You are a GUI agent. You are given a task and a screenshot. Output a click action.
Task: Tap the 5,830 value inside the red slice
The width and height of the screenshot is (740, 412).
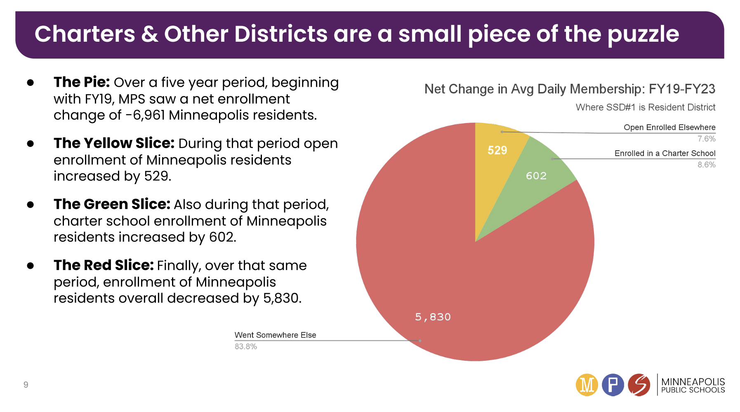point(433,317)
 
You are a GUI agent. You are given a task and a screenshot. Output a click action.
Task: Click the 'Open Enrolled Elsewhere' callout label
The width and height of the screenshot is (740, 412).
point(669,128)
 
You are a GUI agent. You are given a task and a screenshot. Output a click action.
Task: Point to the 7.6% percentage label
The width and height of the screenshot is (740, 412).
point(706,139)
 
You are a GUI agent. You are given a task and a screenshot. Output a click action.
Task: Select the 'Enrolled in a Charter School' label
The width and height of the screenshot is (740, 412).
point(665,154)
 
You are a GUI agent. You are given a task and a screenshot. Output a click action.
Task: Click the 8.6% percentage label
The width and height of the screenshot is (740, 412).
point(706,165)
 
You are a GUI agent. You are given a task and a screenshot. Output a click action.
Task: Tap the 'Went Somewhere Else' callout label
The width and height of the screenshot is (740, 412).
point(275,335)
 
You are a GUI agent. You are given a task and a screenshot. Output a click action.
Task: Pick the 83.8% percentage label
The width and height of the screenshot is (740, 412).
point(245,347)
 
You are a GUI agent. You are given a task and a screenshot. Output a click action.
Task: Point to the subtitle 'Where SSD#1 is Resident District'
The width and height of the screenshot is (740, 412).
point(645,108)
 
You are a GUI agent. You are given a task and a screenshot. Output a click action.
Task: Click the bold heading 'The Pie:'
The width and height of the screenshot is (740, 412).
point(81,82)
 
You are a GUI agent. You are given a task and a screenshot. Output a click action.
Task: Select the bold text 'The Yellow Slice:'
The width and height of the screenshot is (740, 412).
point(114,143)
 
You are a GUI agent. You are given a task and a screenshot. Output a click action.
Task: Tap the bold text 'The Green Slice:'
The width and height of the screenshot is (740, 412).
point(111,204)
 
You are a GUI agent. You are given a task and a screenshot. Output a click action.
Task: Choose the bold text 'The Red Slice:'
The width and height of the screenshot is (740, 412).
point(104,265)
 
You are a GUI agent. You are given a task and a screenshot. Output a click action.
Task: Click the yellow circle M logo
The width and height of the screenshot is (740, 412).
point(587,385)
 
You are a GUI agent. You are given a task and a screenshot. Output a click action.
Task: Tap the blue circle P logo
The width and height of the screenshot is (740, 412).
point(613,385)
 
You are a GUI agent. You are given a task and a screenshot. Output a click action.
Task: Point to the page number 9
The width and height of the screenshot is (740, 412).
point(26,385)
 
